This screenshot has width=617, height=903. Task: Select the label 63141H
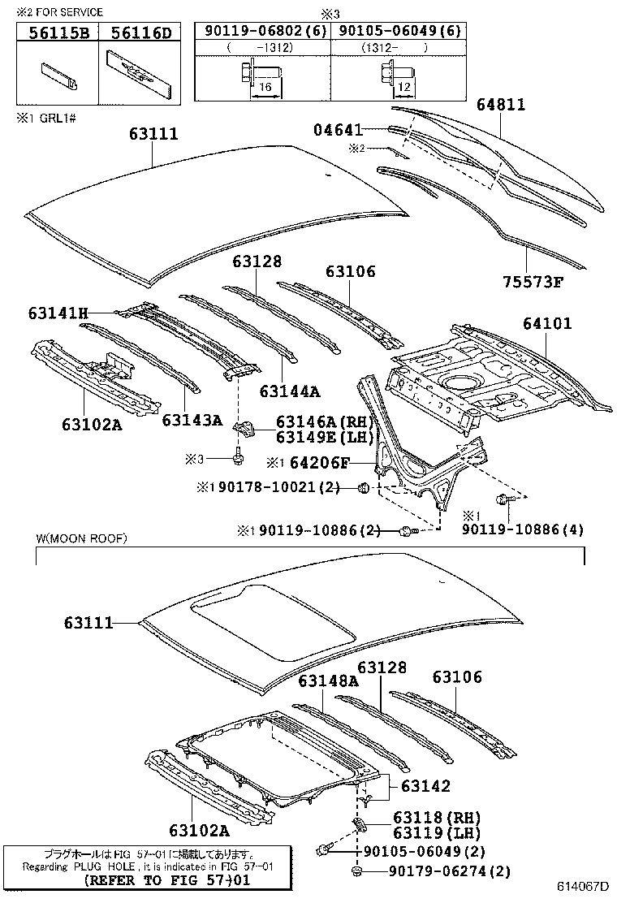[57, 313]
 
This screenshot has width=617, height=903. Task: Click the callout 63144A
[291, 391]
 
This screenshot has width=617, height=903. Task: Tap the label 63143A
[192, 420]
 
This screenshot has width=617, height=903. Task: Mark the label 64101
[547, 323]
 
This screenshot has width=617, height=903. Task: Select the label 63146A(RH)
[323, 421]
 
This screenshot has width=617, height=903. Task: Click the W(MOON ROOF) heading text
[81, 538]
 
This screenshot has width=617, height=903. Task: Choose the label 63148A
[328, 680]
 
